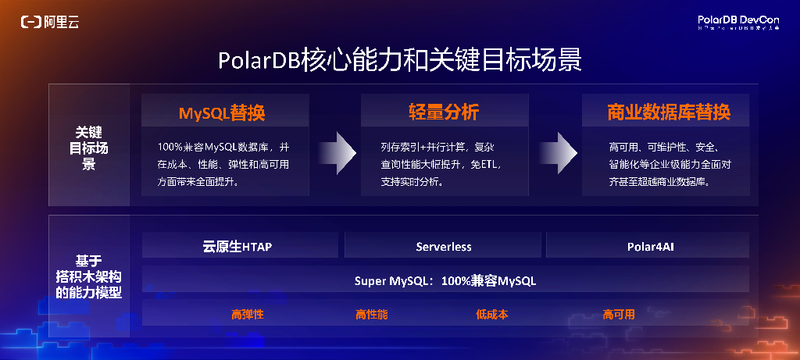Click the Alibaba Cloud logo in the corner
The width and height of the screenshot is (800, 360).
click(x=49, y=22)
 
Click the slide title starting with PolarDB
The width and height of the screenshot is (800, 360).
click(x=399, y=60)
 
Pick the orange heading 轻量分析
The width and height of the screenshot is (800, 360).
click(x=444, y=112)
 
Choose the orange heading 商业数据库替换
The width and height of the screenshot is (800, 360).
click(x=669, y=112)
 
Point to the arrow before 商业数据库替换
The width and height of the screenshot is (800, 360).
click(x=555, y=152)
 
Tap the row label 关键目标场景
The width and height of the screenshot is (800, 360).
click(x=87, y=148)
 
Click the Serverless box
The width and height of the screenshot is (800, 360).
click(x=444, y=247)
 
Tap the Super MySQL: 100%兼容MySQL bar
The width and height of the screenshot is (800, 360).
click(x=445, y=280)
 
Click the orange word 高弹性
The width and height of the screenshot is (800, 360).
click(x=248, y=315)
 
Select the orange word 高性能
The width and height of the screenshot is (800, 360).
click(x=371, y=315)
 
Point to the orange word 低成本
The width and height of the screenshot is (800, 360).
click(x=492, y=315)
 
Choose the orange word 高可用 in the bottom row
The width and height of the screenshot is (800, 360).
click(x=619, y=315)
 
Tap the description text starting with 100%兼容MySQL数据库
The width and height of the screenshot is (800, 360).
click(x=223, y=164)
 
